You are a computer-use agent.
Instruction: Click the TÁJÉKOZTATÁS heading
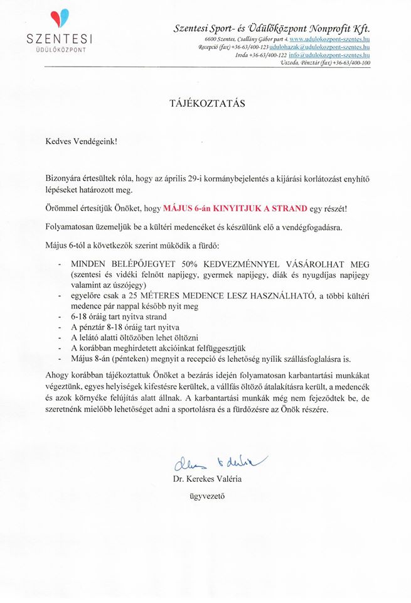click(205, 102)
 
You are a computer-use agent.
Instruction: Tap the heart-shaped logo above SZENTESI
click(61, 19)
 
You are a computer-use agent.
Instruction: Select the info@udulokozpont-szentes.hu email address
click(329, 55)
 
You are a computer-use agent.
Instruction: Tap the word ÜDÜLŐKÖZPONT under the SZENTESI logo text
click(60, 48)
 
